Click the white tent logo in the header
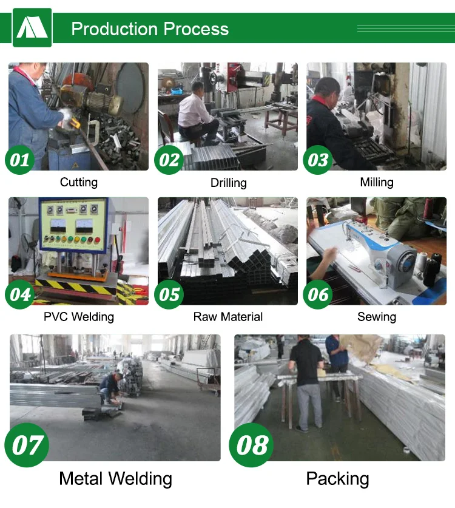[32, 27]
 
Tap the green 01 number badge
[20, 160]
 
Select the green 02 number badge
[169, 160]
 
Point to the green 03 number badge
[318, 160]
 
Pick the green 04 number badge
[20, 294]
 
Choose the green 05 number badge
[169, 294]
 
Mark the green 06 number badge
[318, 294]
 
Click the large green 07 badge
[27, 445]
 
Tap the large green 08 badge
[251, 445]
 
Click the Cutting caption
[79, 183]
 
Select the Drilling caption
[229, 183]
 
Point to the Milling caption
[377, 183]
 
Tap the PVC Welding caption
[79, 317]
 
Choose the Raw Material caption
[228, 317]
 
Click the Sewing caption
[377, 317]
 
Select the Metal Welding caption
[116, 479]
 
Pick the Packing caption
[338, 479]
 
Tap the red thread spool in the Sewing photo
[428, 209]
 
